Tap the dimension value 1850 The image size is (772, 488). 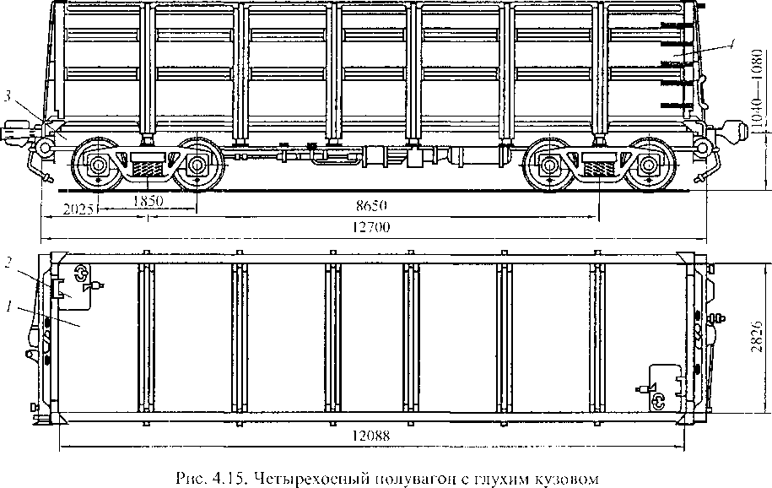(x=148, y=201)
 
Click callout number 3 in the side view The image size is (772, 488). (x=8, y=98)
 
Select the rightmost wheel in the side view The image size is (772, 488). (x=649, y=164)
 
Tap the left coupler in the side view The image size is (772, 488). (x=17, y=132)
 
